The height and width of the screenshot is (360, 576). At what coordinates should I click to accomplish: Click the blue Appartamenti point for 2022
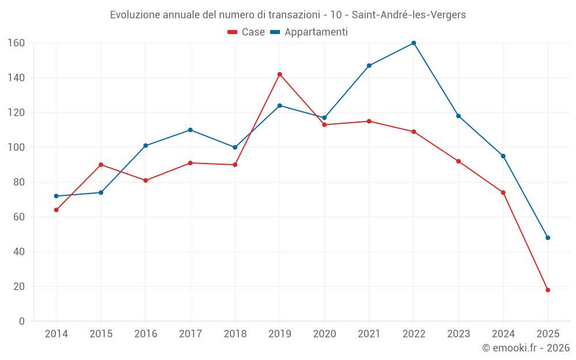414,43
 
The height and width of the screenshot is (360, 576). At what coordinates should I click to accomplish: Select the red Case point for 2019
280,74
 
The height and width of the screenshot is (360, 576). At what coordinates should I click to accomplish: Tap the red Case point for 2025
548,290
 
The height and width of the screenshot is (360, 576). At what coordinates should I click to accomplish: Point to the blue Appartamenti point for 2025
548,238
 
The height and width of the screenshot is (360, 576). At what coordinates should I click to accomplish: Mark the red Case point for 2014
56,210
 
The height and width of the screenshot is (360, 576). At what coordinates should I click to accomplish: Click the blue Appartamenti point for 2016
146,146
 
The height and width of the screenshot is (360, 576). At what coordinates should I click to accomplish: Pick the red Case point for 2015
101,165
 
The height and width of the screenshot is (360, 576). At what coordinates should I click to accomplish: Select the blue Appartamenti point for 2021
369,66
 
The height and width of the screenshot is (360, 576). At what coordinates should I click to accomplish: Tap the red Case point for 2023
458,161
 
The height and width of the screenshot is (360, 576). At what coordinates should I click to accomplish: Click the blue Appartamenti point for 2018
235,147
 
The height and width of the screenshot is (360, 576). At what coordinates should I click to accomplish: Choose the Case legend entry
247,32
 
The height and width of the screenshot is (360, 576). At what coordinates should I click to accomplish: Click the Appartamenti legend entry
309,32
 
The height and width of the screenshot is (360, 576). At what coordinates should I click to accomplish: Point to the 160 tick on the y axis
16,43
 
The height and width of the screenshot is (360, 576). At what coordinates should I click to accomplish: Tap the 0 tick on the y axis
21,321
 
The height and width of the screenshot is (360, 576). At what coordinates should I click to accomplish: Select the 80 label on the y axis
18,182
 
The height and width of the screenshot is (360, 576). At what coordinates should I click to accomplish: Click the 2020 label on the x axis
324,334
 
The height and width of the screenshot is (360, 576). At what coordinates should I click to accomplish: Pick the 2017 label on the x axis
190,334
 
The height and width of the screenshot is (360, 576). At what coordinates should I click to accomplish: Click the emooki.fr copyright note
526,348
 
